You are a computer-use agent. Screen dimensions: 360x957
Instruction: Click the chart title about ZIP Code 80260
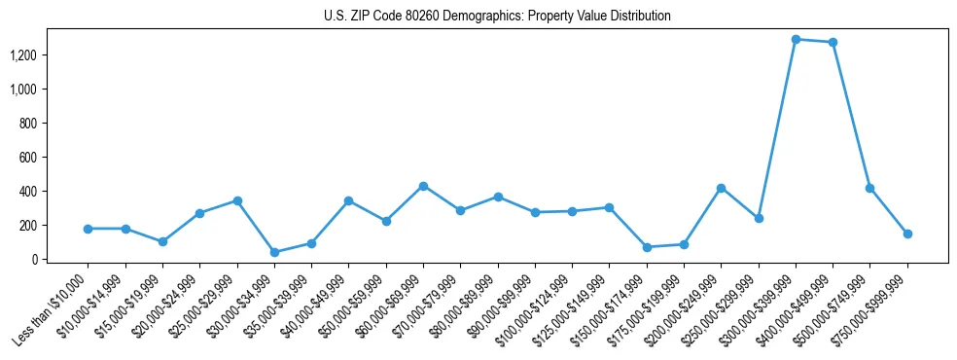pyautogui.click(x=497, y=17)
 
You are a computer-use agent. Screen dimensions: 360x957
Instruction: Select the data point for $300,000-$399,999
pyautogui.click(x=796, y=40)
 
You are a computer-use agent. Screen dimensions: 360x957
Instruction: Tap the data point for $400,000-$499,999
pyautogui.click(x=833, y=43)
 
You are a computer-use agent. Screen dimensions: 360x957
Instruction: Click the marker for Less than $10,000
pyautogui.click(x=88, y=229)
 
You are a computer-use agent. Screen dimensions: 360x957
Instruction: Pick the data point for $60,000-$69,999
pyautogui.click(x=423, y=186)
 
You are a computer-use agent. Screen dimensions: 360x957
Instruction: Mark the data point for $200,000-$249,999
pyautogui.click(x=721, y=188)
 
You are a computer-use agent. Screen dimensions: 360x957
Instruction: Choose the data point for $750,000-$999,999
pyautogui.click(x=907, y=234)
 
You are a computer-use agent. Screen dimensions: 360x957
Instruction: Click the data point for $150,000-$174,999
pyautogui.click(x=647, y=247)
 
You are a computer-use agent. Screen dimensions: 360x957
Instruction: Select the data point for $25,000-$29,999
pyautogui.click(x=236, y=200)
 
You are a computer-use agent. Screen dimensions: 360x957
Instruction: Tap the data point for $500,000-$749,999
pyautogui.click(x=869, y=188)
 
